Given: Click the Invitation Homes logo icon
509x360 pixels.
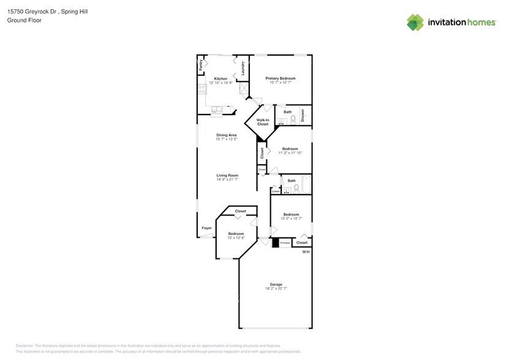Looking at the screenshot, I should [415, 22].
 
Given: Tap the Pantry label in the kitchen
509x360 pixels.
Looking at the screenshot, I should [201, 64].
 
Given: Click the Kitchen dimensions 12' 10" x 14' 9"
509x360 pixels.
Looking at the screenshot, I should [221, 83].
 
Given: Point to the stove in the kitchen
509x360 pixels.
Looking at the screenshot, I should [201, 92].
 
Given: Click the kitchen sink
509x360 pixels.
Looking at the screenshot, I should [217, 111].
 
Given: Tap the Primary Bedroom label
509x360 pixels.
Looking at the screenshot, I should [280, 78].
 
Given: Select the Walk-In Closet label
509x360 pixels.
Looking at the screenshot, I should [262, 122].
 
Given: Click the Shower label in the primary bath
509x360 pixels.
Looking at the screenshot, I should [302, 114].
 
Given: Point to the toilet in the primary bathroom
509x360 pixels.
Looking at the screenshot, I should [293, 119].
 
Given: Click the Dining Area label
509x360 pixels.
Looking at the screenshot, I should [226, 135].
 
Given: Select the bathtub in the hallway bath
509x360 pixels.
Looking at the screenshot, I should [305, 184].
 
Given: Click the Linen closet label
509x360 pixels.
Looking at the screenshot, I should [276, 191].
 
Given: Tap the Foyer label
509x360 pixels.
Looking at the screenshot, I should [206, 228].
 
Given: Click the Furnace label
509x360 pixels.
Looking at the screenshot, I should [285, 243].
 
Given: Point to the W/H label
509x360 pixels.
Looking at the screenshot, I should [306, 251].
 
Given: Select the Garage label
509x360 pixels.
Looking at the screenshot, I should [276, 284].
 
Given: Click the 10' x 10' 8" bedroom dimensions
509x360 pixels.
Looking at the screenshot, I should [236, 238].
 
